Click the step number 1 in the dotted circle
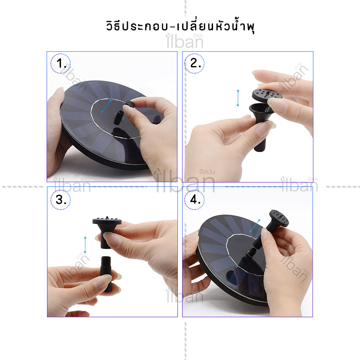pyautogui.click(x=61, y=64)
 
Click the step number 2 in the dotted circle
pyautogui.click(x=195, y=63)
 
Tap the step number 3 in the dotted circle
pyautogui.click(x=61, y=199)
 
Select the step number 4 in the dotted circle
pyautogui.click(x=195, y=199)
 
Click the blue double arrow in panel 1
pyautogui.click(x=107, y=106)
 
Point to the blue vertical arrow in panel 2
pyautogui.click(x=238, y=98)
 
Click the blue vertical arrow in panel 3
pyautogui.click(x=85, y=245)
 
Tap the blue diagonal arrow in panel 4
pyautogui.click(x=255, y=226)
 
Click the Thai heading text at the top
pyautogui.click(x=180, y=26)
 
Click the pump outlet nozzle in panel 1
pyautogui.click(x=119, y=117)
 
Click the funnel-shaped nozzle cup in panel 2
pyautogui.click(x=261, y=113)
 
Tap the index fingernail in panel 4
pyautogui.click(x=265, y=232)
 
